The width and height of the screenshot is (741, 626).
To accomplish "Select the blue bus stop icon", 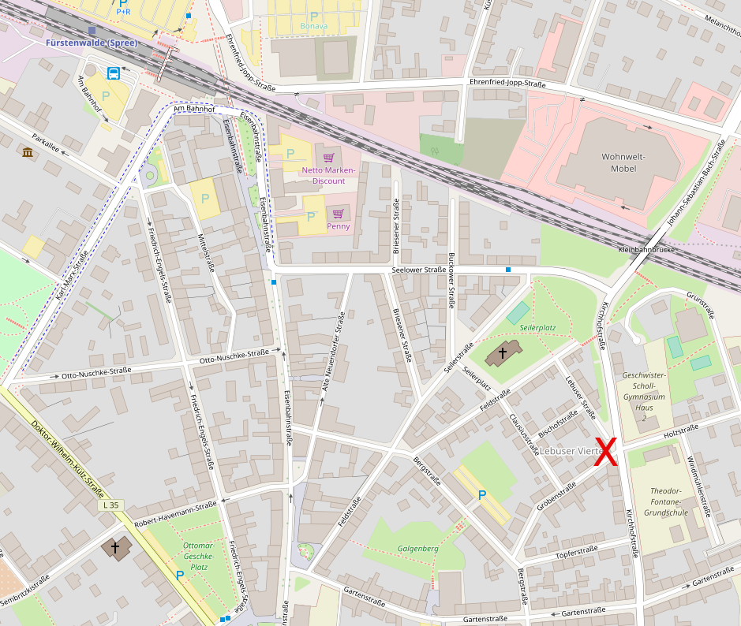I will (x=113, y=74).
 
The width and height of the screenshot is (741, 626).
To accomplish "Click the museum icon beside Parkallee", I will (x=28, y=151).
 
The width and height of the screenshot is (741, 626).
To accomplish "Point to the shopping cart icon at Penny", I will (x=338, y=214).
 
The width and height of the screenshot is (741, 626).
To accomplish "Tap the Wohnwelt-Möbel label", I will (x=623, y=162).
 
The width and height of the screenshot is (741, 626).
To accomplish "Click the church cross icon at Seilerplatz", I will (x=503, y=354).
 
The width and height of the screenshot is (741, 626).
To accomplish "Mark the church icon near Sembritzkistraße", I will (x=115, y=546).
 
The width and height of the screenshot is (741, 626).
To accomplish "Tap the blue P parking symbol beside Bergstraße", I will (x=481, y=495).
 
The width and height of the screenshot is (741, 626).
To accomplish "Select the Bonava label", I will (x=313, y=26).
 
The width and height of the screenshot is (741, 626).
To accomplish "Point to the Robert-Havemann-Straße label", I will (x=175, y=514).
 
